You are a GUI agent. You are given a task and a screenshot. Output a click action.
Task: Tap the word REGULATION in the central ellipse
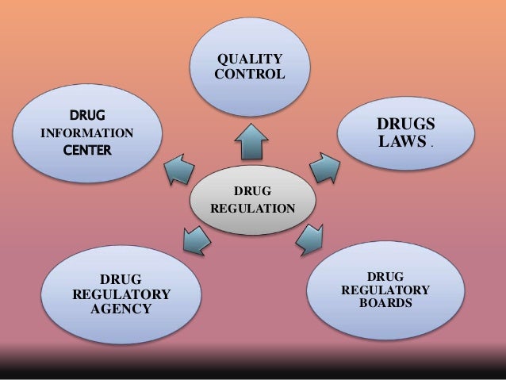coord(253,209)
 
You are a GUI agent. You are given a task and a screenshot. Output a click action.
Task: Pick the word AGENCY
coord(121,309)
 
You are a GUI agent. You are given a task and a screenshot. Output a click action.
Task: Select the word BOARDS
coord(385,304)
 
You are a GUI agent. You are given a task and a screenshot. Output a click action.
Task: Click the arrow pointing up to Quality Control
coord(253,144)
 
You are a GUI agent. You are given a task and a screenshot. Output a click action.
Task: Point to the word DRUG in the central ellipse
coord(253,191)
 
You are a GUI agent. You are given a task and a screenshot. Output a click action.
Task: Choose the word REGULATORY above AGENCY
coord(121,294)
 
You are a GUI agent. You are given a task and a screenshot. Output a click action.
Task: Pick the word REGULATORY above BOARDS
coord(385,290)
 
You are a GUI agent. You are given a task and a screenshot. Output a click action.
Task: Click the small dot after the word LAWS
coord(431,148)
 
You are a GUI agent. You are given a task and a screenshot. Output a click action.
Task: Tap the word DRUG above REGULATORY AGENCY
coord(121,279)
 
